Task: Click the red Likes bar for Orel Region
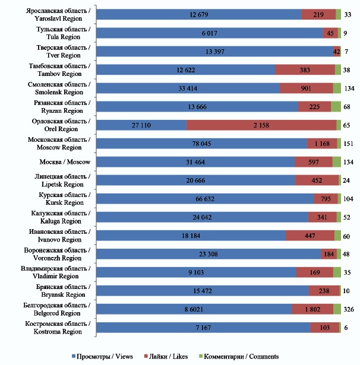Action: [261, 125]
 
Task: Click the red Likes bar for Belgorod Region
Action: [312, 309]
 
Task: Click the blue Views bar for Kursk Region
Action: [204, 199]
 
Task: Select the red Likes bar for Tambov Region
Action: [305, 70]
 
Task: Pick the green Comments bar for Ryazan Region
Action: [336, 107]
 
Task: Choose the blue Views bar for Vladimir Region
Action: [195, 272]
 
